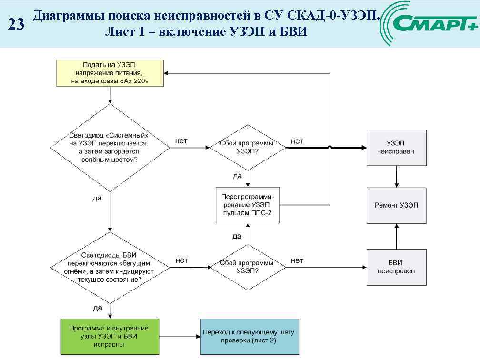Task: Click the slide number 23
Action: coord(16,25)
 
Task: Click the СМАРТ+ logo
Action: coord(433,23)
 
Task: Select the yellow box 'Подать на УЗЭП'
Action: coord(110,73)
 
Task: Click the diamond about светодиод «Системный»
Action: coord(110,148)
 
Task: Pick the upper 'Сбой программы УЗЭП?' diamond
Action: coord(247,147)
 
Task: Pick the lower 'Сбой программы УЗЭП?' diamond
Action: coord(247,267)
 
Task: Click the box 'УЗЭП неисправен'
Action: coord(397,148)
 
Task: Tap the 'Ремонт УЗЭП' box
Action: coord(397,205)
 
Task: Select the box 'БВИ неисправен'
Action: coord(397,267)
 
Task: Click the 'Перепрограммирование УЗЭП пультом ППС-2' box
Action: coord(247,205)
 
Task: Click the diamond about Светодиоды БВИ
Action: coord(110,267)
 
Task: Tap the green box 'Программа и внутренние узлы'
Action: coord(110,336)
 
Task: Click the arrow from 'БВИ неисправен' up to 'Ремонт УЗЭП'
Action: coord(397,236)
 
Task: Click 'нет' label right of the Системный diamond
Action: coord(181,141)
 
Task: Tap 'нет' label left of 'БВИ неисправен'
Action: coord(297,260)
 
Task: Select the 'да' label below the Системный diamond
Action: coord(97,199)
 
